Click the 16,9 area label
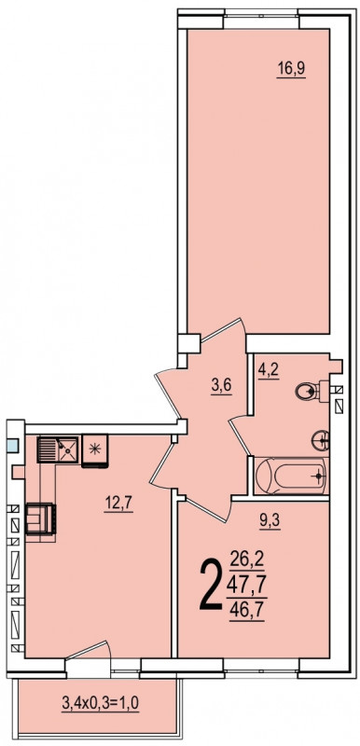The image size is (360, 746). coord(291,69)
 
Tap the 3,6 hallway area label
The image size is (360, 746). coord(222,385)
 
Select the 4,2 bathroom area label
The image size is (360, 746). coord(269,370)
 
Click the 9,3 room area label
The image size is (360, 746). coord(270,522)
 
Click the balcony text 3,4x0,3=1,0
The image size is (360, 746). coord(101,703)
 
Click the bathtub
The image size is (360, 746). coord(291,476)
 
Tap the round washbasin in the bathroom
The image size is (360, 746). coord(321,440)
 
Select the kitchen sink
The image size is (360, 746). coord(58,450)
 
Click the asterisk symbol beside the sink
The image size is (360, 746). coord(94,449)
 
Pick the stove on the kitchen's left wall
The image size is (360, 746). coord(41,519)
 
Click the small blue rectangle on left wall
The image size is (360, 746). coord(13,446)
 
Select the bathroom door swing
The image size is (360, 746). coord(241,436)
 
